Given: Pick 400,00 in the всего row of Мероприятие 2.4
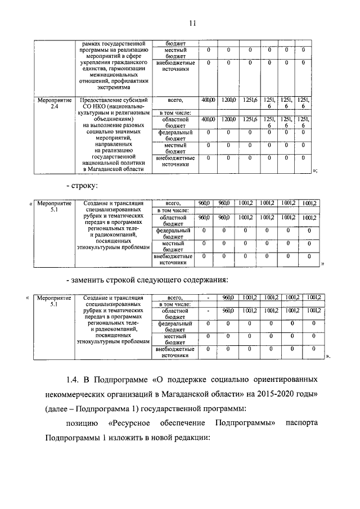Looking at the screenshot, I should tap(209, 100).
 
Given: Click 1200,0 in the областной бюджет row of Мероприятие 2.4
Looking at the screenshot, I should tap(228, 119).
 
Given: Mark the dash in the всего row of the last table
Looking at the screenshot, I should tap(209, 298).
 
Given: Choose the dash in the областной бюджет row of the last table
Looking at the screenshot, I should tap(209, 310).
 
